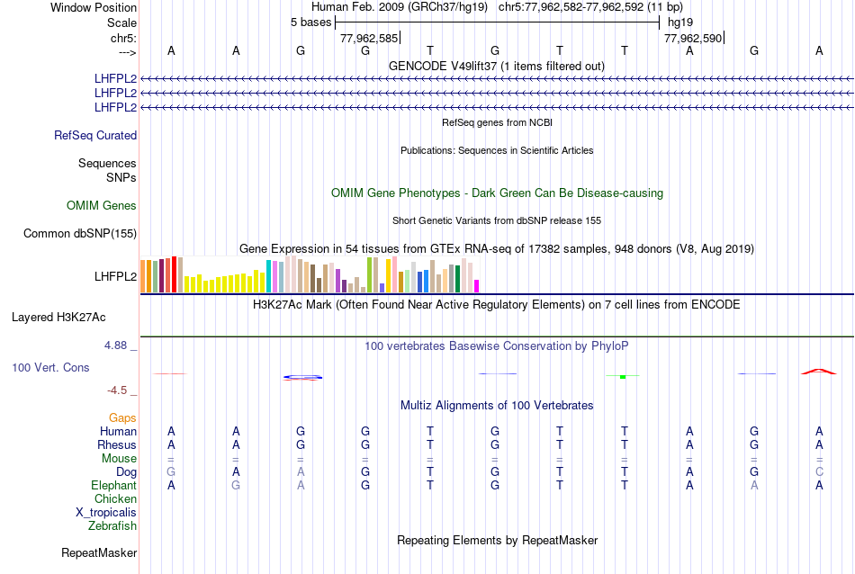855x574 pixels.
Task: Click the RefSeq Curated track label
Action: tap(95, 136)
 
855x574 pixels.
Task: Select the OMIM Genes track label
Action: tap(102, 206)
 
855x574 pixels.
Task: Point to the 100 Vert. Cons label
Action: tap(50, 368)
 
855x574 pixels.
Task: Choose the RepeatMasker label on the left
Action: tap(99, 552)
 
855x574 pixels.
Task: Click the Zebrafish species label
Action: tap(112, 525)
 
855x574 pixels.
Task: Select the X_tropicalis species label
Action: tap(106, 512)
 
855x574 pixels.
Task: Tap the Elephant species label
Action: tap(114, 486)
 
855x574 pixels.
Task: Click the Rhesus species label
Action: tap(117, 445)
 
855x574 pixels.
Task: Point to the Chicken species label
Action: tap(116, 499)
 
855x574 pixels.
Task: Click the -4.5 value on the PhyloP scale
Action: tap(121, 390)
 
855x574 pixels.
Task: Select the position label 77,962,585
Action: tap(369, 39)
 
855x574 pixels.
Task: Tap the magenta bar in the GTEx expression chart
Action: tap(477, 286)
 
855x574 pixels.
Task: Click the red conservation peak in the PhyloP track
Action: tap(818, 371)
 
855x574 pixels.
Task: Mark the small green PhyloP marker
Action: tap(623, 376)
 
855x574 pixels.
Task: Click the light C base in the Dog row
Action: tap(819, 472)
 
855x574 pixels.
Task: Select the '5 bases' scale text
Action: tap(310, 22)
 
